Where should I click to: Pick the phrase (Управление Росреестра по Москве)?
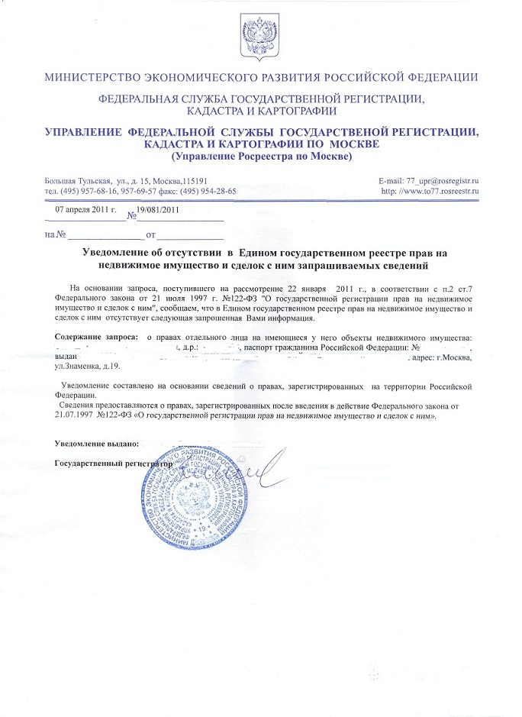[261, 157]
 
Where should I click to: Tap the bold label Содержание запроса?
[97, 337]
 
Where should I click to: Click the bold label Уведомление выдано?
[97, 443]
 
